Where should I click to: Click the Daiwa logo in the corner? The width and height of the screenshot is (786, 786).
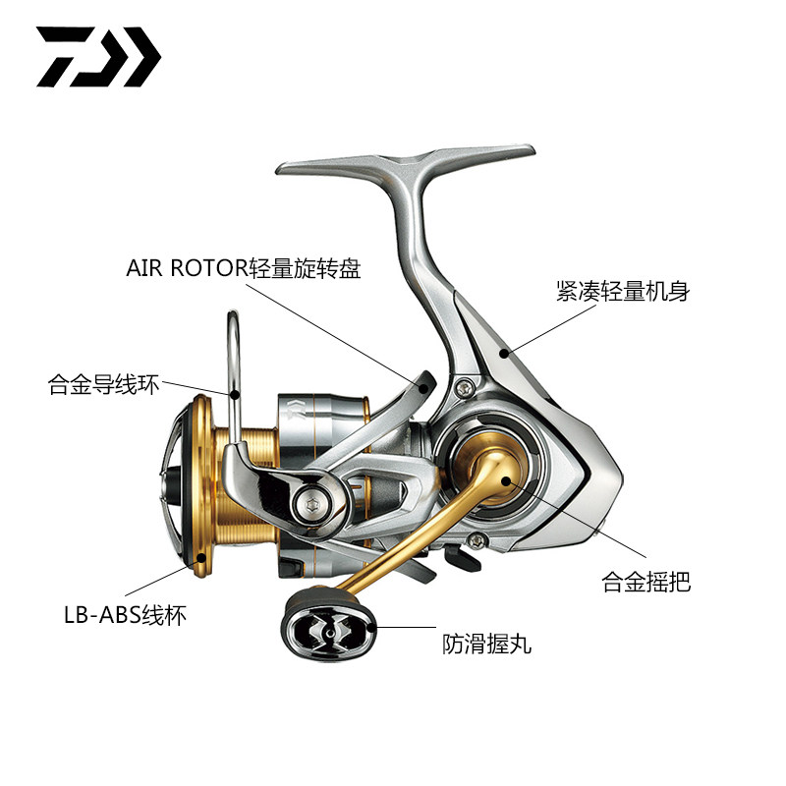coord(98,56)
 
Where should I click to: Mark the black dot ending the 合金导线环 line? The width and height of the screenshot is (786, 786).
coord(237,394)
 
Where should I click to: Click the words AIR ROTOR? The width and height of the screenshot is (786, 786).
coord(182,268)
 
